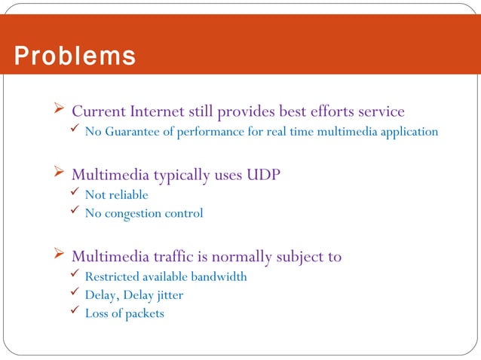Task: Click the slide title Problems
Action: click(x=74, y=56)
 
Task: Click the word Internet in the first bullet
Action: click(x=156, y=111)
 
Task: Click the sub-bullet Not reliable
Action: click(x=116, y=195)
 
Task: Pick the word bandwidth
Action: click(x=219, y=276)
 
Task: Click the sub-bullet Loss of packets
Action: click(x=124, y=313)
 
